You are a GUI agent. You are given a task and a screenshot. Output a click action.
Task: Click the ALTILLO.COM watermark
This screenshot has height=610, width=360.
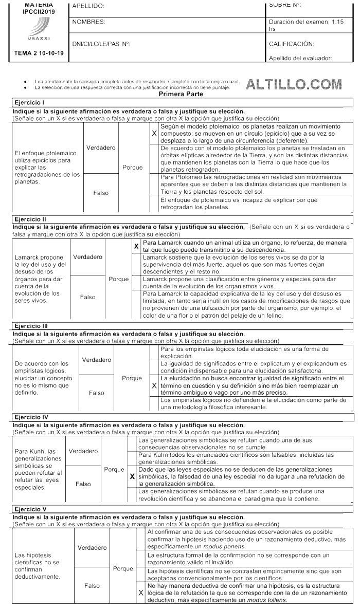coord(294,84)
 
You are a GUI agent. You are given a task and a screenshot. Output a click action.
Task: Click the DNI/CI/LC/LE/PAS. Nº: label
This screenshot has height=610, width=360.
coord(101,44)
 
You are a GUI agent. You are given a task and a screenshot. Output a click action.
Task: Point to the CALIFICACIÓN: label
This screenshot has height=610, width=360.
coord(291,44)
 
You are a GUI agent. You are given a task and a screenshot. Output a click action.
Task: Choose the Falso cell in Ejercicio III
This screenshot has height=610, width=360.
coord(96,393)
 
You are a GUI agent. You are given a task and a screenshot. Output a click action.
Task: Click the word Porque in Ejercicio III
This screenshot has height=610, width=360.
coord(132,378)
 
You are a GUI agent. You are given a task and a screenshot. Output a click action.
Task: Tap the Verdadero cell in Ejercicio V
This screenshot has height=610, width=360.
coord(92,548)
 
